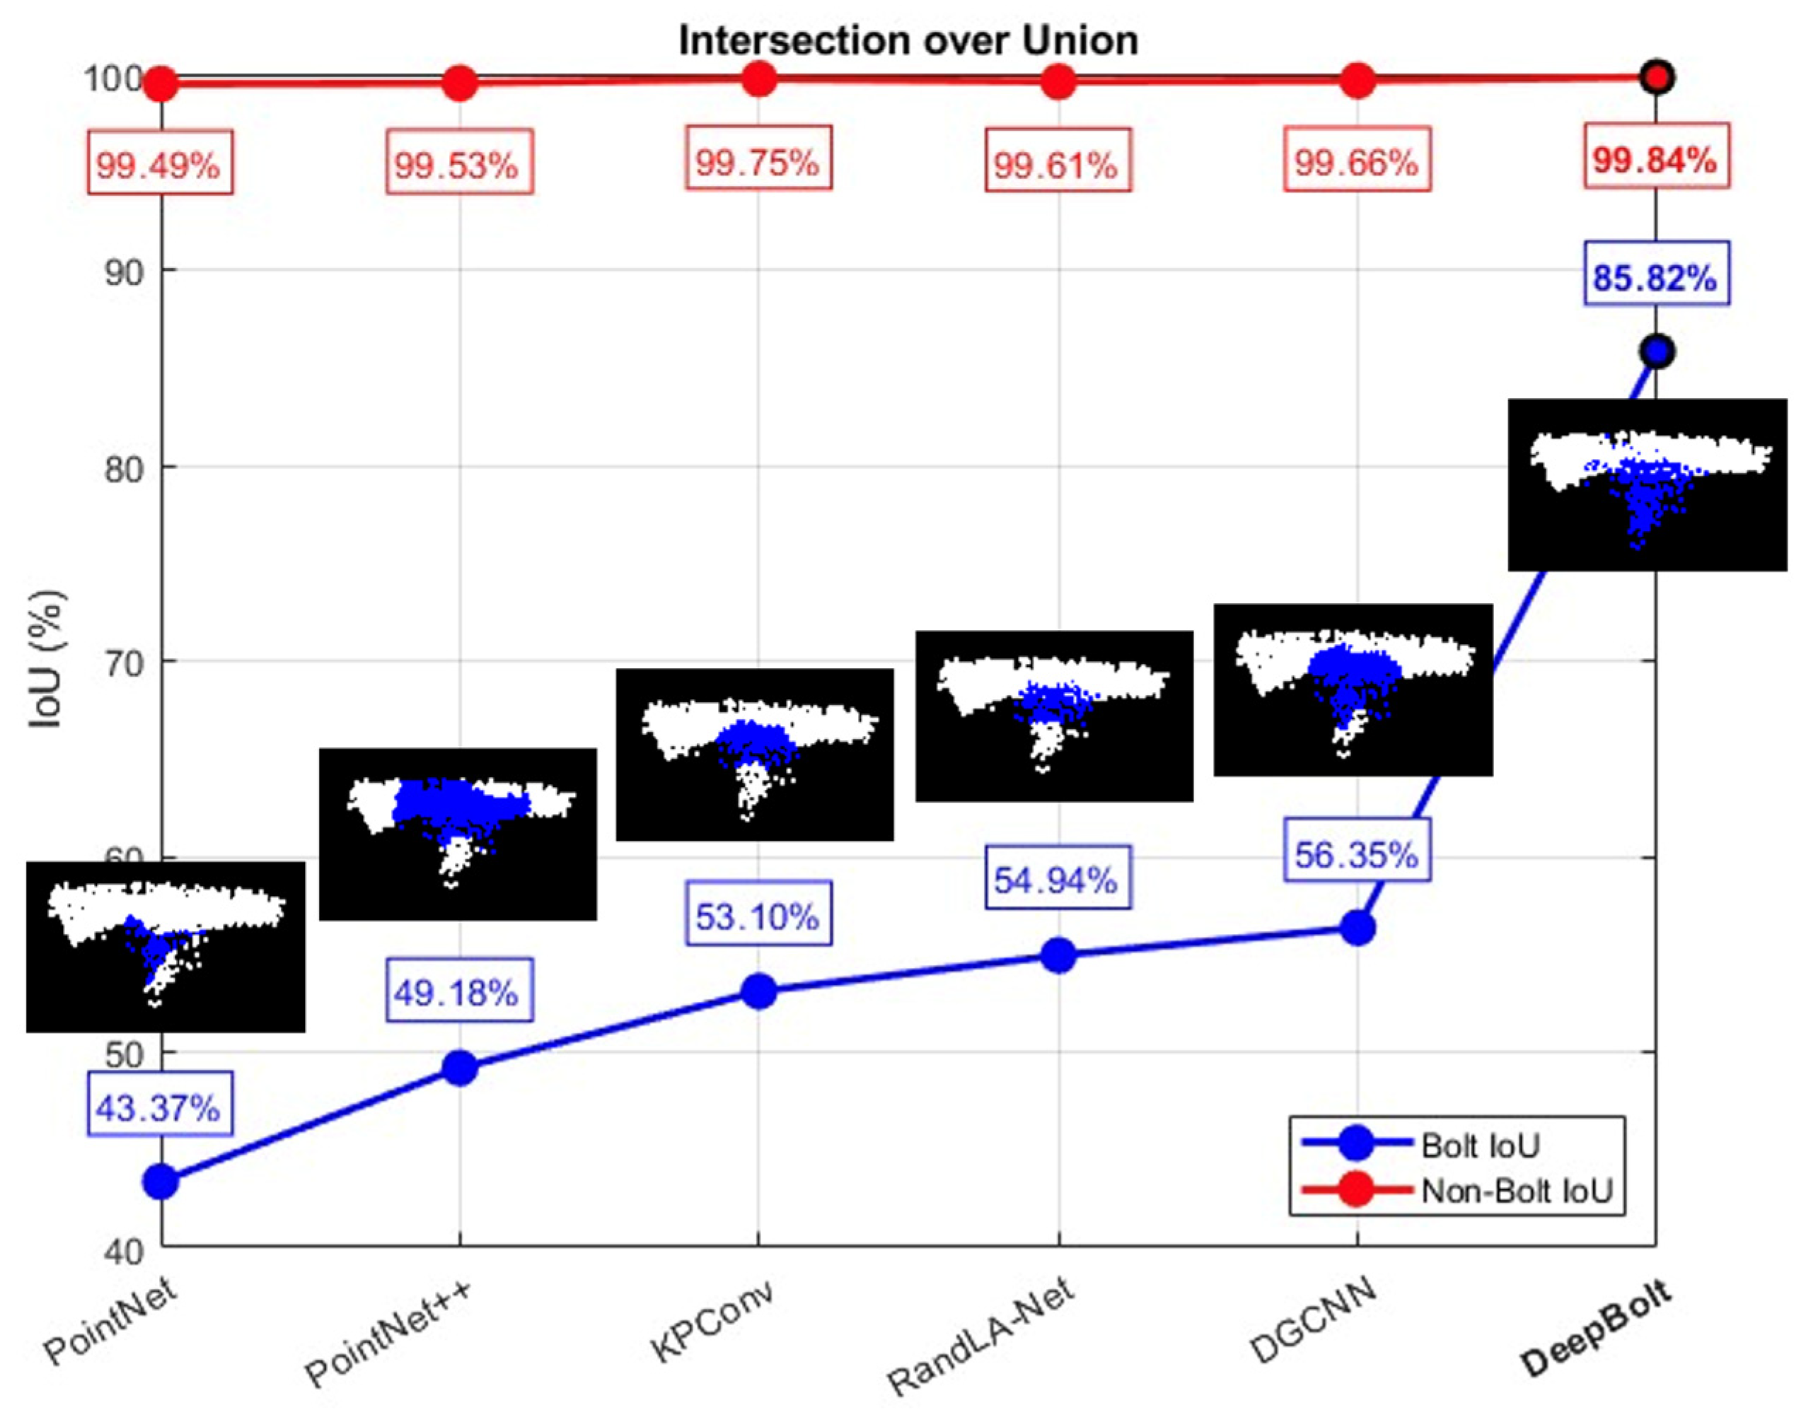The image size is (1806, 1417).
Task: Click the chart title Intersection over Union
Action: (908, 40)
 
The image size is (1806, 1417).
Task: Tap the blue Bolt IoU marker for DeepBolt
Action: (1657, 351)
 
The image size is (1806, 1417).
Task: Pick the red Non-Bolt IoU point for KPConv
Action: (758, 80)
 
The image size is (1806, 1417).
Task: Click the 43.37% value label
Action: (159, 1107)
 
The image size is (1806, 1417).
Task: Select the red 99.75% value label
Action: (758, 161)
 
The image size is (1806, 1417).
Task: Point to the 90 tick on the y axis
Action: (125, 272)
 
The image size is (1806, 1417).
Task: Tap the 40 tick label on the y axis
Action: (125, 1251)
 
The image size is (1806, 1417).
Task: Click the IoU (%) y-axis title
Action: (47, 660)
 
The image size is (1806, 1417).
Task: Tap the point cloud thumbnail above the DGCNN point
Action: (1353, 690)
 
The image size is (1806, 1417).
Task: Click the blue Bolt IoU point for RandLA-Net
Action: (1058, 956)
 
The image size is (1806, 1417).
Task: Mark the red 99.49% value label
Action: (159, 164)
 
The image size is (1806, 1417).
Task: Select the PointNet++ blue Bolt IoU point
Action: (460, 1068)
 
